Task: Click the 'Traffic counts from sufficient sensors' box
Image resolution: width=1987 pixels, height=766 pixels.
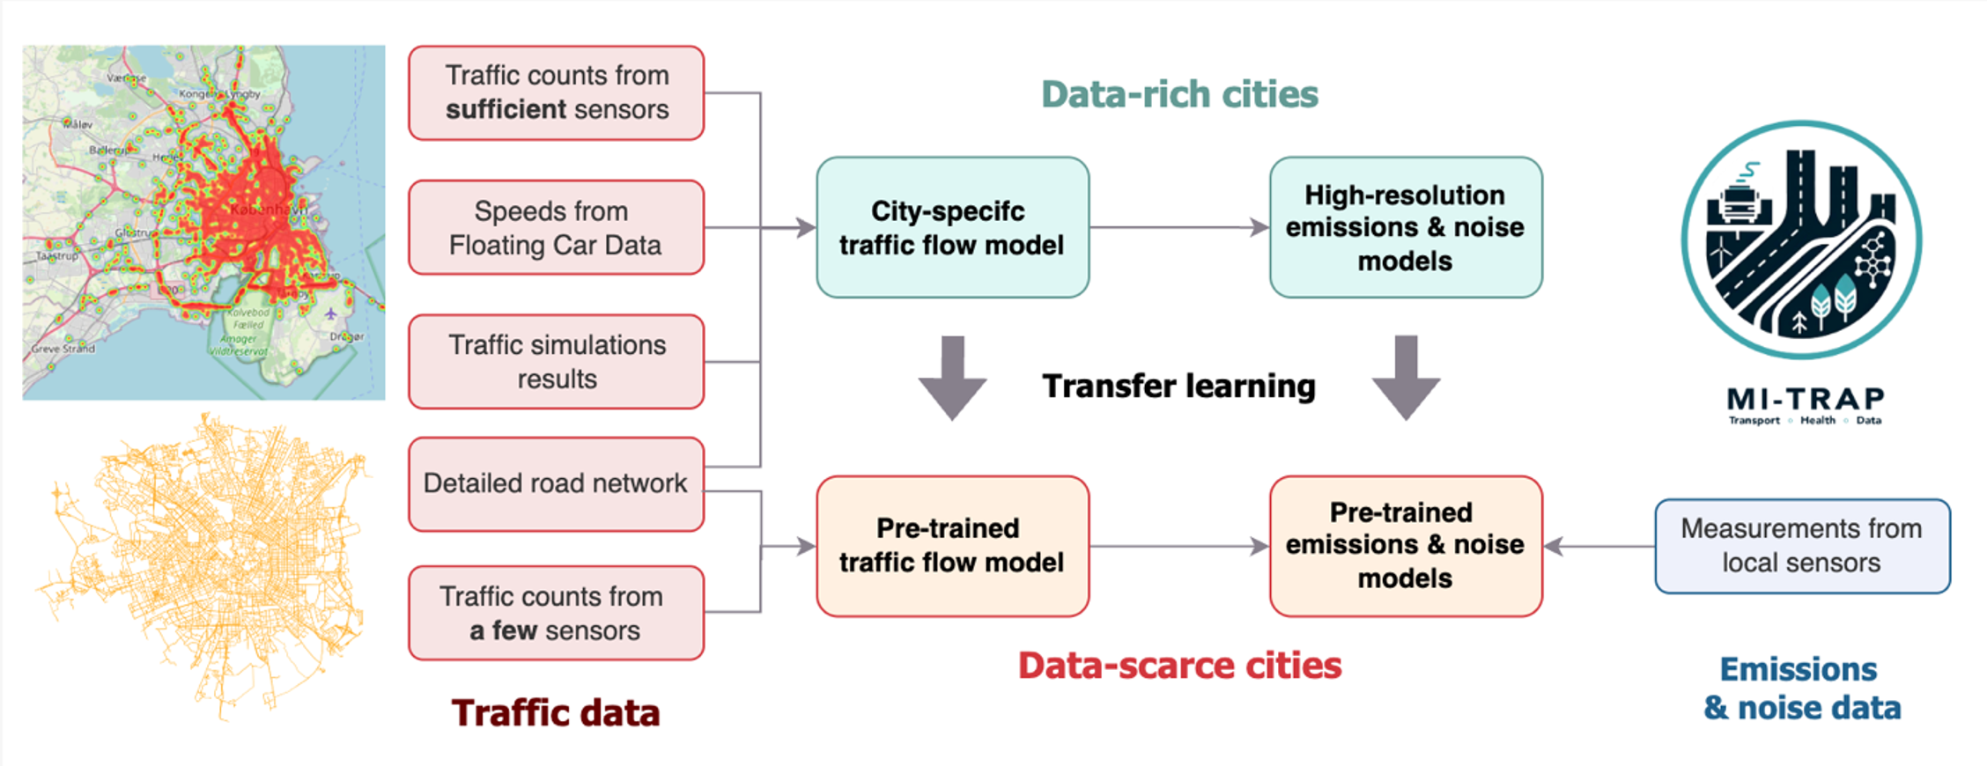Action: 556,92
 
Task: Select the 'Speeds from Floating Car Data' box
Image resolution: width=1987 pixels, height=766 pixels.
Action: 556,227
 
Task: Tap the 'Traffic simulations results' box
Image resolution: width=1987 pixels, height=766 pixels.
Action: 556,361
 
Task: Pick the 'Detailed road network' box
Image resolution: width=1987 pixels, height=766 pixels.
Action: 556,483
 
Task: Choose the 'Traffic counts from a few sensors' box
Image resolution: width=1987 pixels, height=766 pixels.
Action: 556,613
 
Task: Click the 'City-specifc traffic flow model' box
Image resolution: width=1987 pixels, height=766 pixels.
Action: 952,227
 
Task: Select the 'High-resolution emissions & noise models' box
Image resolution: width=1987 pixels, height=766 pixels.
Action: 1405,227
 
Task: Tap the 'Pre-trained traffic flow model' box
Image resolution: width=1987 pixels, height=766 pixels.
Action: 952,546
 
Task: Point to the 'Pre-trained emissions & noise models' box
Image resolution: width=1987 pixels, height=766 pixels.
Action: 1405,546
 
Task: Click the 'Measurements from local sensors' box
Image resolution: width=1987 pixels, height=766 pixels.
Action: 1801,546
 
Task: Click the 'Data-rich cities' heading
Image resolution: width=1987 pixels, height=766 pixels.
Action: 1179,94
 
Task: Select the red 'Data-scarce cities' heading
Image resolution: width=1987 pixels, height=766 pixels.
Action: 1179,666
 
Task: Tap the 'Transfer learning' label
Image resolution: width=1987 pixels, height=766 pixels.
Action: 1178,386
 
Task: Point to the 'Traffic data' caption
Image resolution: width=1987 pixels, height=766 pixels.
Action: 556,713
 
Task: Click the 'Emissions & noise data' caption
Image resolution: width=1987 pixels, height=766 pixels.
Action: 1801,689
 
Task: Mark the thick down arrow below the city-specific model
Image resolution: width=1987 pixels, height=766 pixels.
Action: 952,376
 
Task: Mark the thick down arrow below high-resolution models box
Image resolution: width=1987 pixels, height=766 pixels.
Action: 1406,376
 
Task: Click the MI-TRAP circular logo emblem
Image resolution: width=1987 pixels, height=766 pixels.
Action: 1801,239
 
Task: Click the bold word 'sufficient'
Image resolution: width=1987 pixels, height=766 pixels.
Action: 505,110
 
